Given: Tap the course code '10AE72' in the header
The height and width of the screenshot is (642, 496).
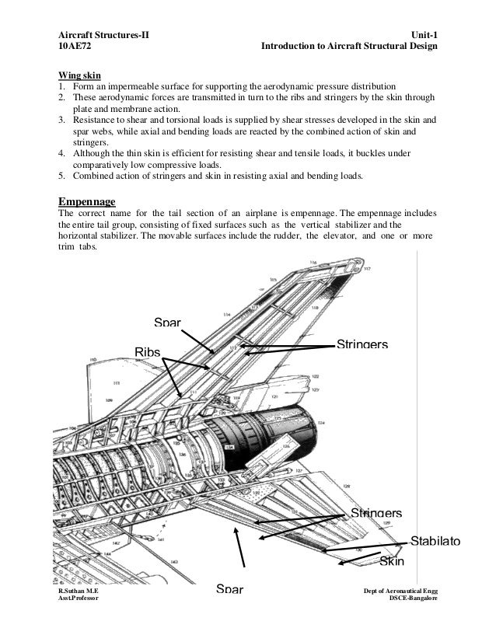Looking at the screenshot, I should tap(76, 47).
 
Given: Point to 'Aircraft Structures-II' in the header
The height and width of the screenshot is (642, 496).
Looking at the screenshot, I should tap(104, 34).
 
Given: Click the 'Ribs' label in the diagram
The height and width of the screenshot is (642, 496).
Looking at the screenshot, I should tap(148, 352).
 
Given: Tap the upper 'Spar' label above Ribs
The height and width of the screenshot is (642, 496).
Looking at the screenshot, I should tap(167, 322).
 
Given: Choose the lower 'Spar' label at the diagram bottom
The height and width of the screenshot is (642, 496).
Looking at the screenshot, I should tap(229, 589).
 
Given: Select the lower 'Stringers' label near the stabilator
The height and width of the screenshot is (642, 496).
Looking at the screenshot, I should tap(376, 513).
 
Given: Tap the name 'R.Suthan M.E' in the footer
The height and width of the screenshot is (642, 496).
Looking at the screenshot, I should tap(79, 592).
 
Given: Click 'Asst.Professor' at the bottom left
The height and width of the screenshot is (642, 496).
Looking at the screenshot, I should tap(79, 601).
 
